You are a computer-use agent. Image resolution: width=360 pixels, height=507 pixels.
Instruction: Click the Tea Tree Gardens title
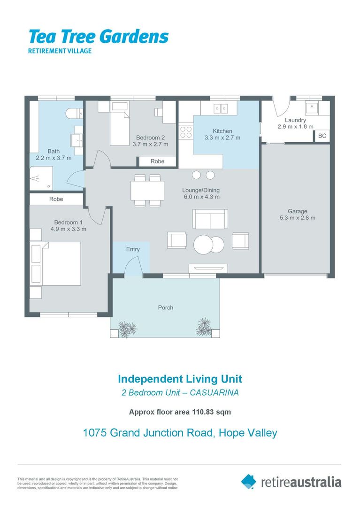coord(98,37)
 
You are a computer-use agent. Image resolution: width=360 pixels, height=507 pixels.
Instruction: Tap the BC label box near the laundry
coord(322,136)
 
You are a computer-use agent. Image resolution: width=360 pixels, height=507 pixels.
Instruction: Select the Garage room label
coord(298,211)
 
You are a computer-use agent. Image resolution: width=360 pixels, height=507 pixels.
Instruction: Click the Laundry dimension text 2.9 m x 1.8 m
coord(295,127)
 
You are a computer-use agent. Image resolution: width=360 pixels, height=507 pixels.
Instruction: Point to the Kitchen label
coord(222,131)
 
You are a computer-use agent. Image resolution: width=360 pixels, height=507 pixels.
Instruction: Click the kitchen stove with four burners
coord(186,131)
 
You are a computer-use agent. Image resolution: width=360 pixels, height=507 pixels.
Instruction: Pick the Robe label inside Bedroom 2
coord(157,161)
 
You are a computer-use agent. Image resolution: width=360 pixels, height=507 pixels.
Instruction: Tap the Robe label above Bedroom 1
coord(56,199)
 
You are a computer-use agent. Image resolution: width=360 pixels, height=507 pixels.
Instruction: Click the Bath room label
coord(54,151)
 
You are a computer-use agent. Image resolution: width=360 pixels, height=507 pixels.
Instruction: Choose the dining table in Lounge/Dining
coord(147,191)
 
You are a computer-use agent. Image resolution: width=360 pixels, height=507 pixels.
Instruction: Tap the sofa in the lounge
coord(210,219)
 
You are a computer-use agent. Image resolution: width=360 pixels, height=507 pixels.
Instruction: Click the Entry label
coord(133,249)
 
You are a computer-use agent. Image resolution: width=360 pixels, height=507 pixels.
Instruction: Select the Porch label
coord(165,307)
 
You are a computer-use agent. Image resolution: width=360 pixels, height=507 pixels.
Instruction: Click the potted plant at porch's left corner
coord(127,329)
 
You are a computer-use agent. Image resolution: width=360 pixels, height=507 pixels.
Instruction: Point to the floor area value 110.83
coord(204,412)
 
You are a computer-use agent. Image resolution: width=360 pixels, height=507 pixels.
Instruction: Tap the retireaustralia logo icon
coord(249,481)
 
